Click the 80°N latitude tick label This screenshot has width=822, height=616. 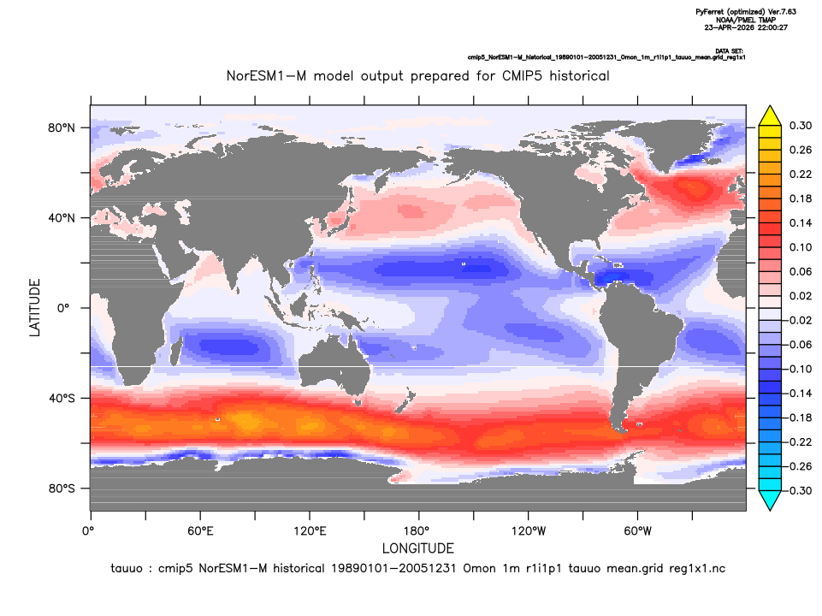[x=62, y=128]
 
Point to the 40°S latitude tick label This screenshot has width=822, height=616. [x=62, y=399]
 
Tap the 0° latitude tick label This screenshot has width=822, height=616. [x=63, y=308]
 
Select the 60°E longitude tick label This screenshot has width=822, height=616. [x=200, y=531]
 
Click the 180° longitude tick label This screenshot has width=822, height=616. [x=419, y=531]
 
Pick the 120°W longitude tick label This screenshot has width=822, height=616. [x=529, y=531]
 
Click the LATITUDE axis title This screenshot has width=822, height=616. [x=34, y=308]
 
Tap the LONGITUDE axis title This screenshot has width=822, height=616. [x=417, y=548]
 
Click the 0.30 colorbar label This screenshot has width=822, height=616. [x=801, y=126]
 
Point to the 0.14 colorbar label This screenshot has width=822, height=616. [x=801, y=222]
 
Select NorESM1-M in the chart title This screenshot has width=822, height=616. [x=266, y=76]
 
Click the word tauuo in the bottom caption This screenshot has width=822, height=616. [x=127, y=569]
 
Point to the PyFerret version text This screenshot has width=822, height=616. [x=746, y=11]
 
